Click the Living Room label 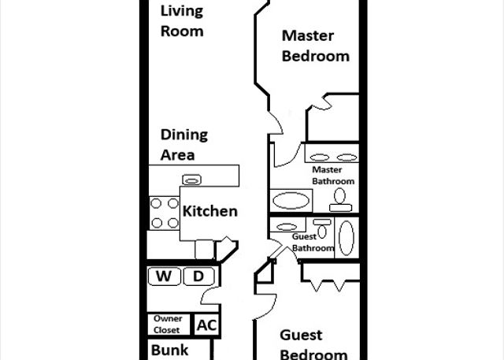point(182,21)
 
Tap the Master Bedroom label point(316,46)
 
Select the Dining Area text point(184,145)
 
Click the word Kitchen point(210,211)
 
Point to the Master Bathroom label point(333,175)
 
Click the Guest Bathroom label point(313,243)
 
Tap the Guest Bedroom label point(313,344)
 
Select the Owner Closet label point(168,325)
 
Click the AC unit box point(207,325)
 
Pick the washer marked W point(164,276)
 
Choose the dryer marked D point(198,276)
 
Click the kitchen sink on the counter point(192,180)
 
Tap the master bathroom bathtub point(291,201)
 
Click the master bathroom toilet point(340,200)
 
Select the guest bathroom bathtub point(346,238)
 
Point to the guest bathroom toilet point(322,228)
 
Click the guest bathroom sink point(287,227)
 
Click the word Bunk point(170,350)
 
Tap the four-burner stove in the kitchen point(165,213)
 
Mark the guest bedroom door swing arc point(269,307)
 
